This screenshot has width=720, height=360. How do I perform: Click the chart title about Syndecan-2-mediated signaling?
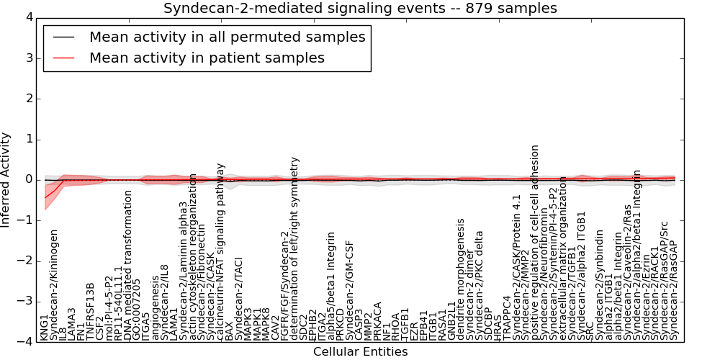click(360, 9)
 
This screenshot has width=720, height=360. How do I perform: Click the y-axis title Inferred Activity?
click(6, 180)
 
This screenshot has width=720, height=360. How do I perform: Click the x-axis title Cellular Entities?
click(360, 352)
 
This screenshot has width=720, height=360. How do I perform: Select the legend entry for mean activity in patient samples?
click(207, 58)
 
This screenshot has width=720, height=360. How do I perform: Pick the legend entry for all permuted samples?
click(227, 37)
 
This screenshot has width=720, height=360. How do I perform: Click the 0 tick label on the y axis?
click(29, 180)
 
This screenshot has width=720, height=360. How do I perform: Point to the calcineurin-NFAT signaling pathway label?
click(221, 251)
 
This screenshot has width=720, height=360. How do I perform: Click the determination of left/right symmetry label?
click(294, 248)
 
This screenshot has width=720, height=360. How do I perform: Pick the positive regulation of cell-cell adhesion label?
click(534, 242)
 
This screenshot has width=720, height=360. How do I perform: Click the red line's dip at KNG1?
click(45, 197)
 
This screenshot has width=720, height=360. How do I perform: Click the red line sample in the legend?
click(64, 58)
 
